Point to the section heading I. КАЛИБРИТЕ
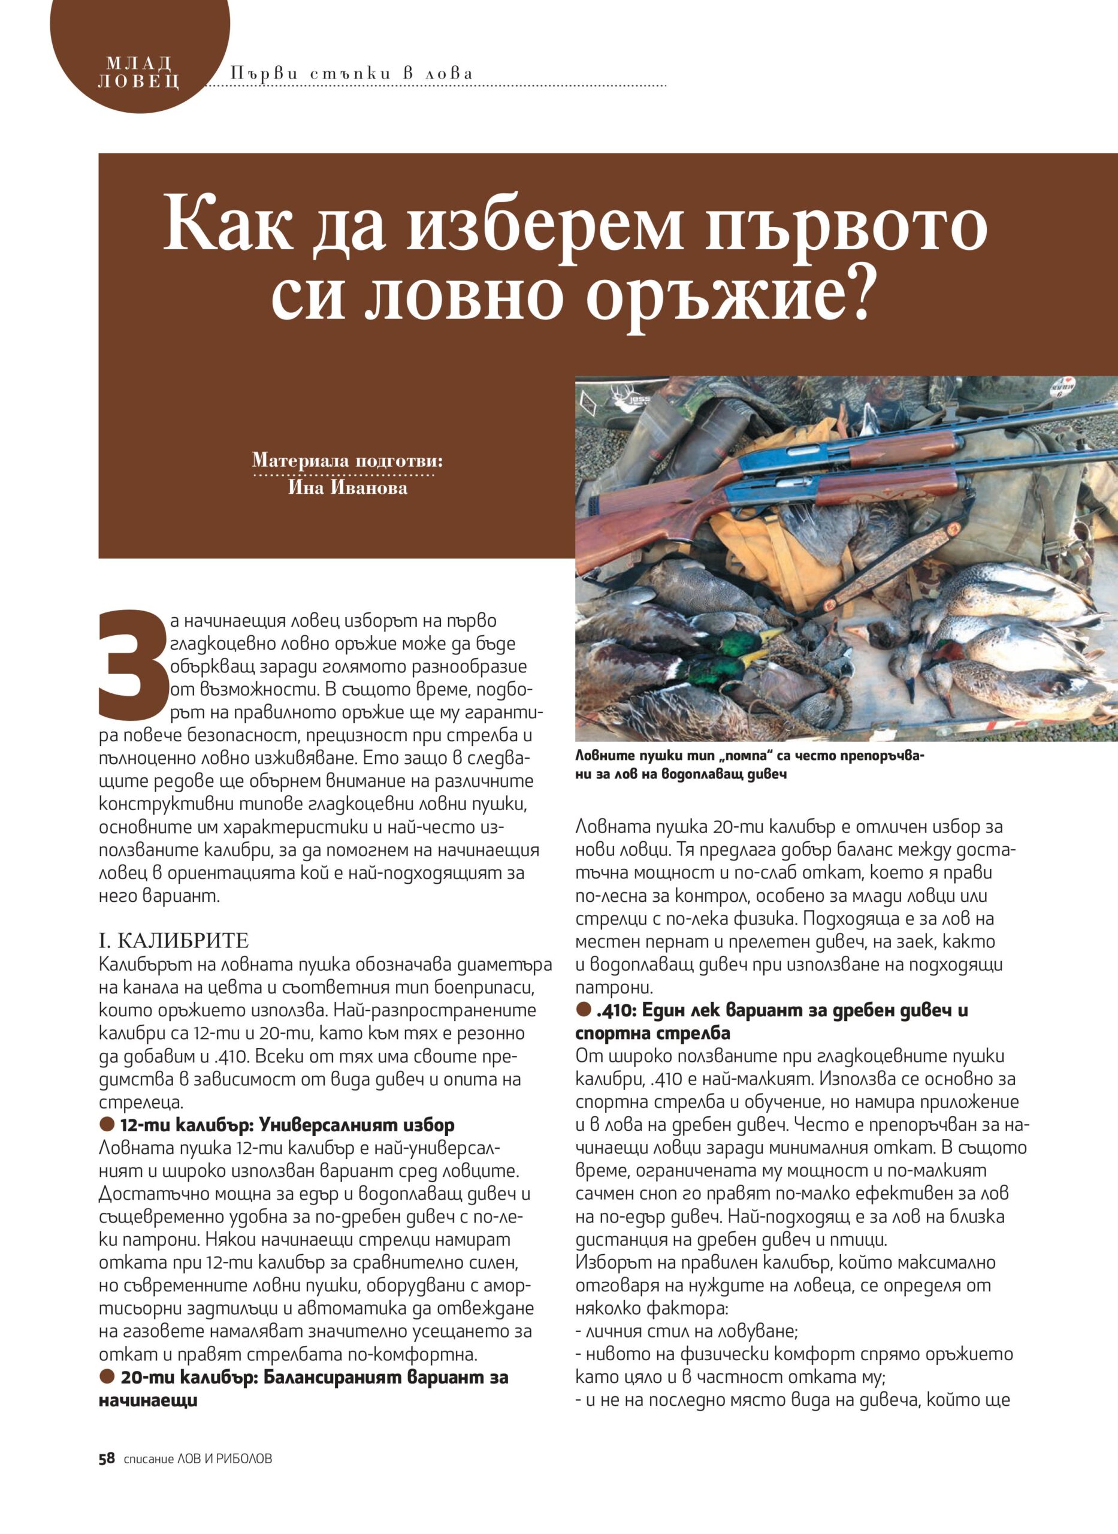point(174,941)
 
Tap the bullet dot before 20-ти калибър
point(107,1376)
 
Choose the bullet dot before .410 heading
point(584,1010)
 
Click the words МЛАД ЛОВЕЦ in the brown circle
point(139,73)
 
